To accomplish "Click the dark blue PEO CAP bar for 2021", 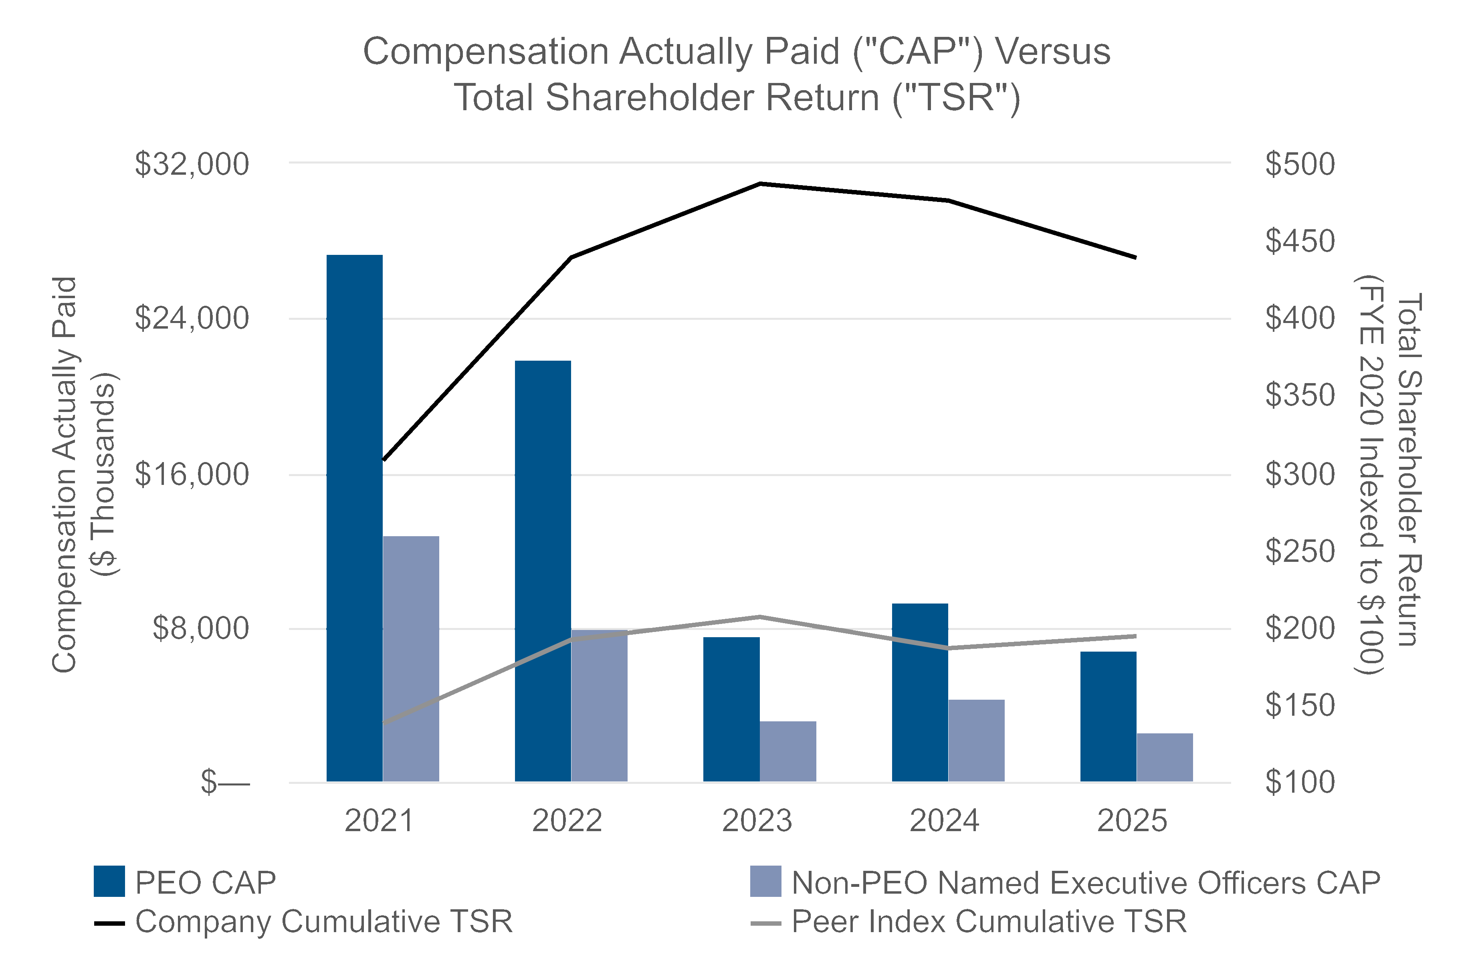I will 354,518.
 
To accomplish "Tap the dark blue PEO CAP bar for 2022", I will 543,571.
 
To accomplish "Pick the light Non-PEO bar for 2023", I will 788,751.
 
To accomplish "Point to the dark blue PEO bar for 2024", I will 920,692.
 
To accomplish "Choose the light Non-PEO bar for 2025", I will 1164,757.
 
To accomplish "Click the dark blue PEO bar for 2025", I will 1108,717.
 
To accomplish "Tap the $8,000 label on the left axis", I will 201,628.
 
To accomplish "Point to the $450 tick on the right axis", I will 1299,242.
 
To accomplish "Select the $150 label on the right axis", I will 1299,705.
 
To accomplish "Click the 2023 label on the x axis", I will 757,821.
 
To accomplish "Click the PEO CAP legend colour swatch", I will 109,881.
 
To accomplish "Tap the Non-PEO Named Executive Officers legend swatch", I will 765,881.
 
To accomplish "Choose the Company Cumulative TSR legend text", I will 324,921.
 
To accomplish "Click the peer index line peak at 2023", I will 759,616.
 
